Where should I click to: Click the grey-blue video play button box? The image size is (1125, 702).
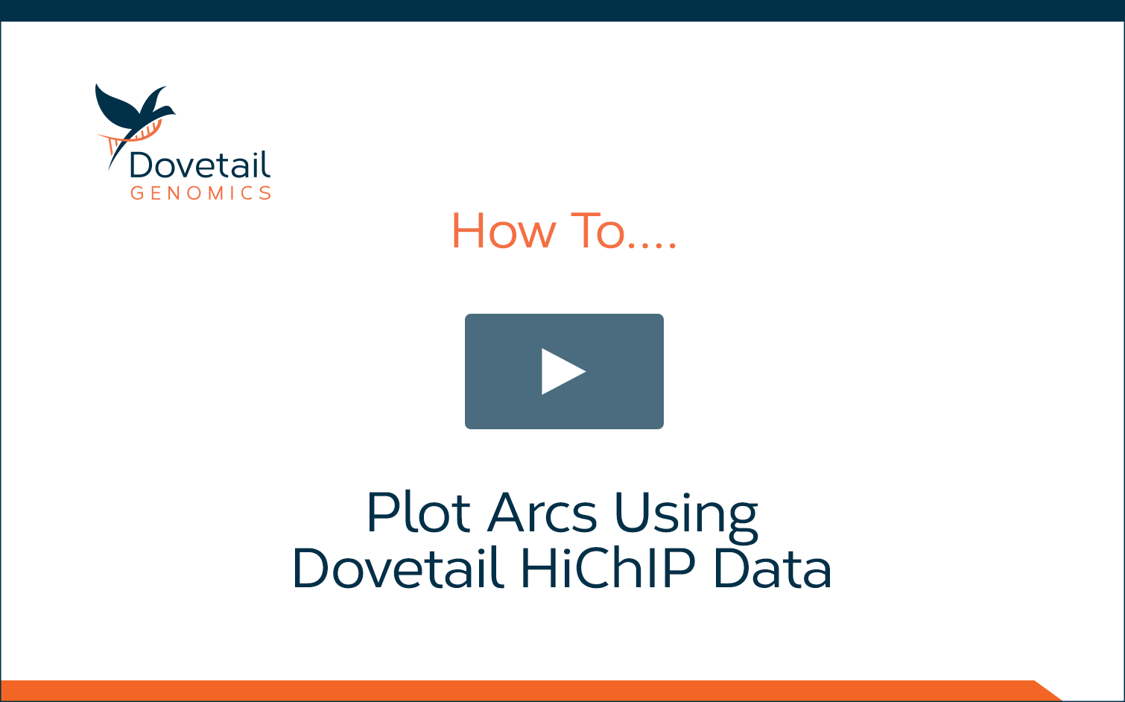564,371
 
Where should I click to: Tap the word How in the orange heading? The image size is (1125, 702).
504,231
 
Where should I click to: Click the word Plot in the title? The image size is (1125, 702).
419,512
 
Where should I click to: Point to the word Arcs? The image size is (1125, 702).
542,512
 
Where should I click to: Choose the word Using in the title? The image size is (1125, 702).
686,517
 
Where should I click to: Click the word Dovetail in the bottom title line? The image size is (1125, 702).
399,568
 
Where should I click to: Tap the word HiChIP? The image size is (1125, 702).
608,568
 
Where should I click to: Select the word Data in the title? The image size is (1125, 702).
773,568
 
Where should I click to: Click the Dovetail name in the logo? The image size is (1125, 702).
200,165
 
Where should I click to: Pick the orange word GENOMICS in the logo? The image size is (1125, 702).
201,193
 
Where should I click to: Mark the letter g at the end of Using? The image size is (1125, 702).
742,522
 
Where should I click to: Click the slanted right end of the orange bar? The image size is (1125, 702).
1048,691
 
